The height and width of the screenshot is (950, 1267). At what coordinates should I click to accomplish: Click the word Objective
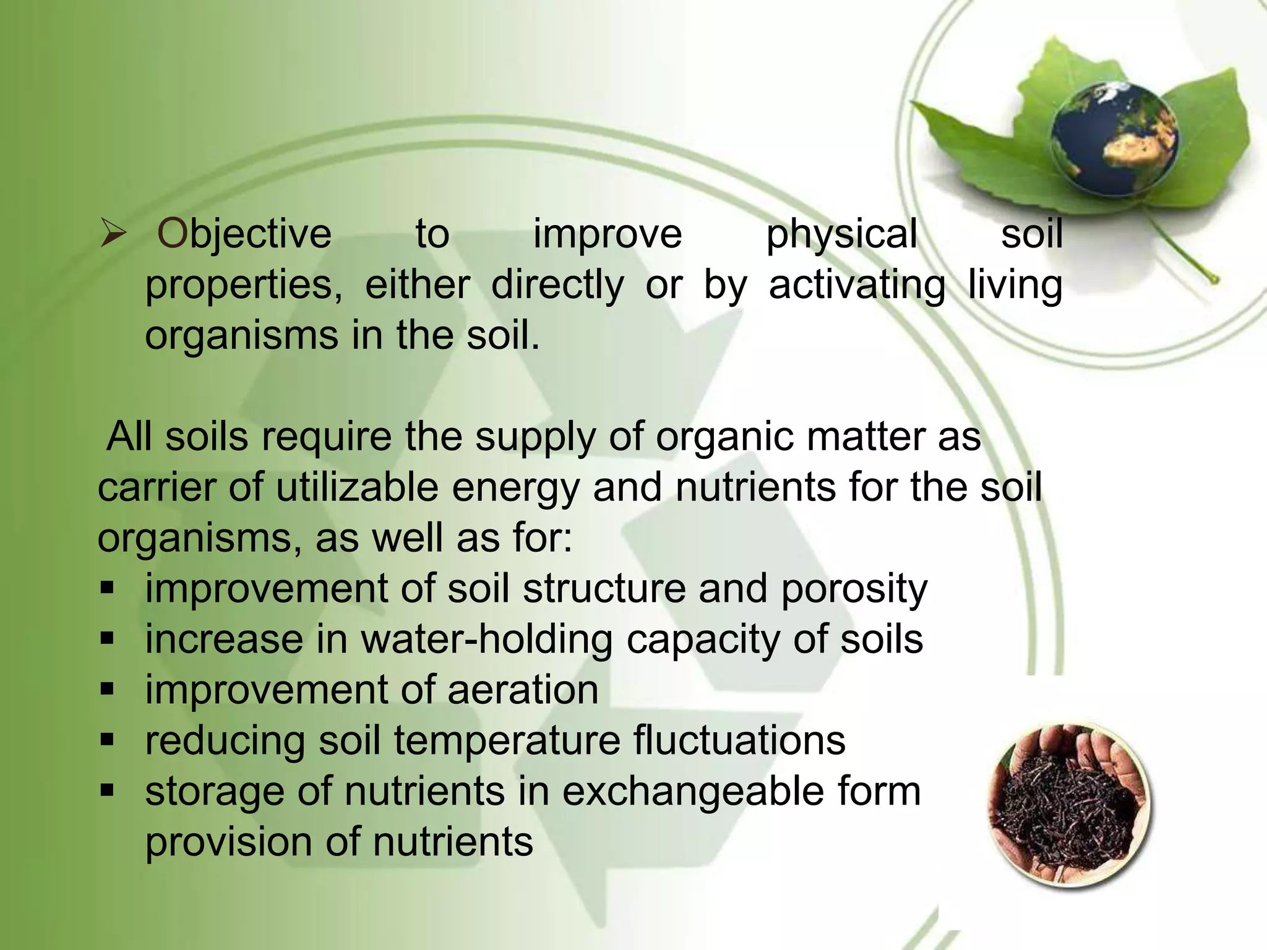pyautogui.click(x=244, y=235)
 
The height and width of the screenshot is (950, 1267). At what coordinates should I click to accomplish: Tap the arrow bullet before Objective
pyautogui.click(x=113, y=235)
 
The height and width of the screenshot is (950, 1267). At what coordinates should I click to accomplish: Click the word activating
pyautogui.click(x=857, y=286)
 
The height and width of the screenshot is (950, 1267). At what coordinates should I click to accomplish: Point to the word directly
pyautogui.click(x=557, y=286)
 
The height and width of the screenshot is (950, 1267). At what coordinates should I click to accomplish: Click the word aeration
pyautogui.click(x=523, y=690)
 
